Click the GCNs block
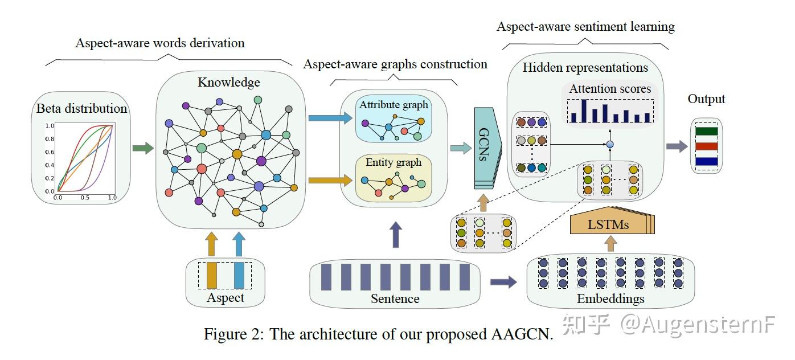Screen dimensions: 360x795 point(486,148)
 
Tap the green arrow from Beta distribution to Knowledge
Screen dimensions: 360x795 point(143,149)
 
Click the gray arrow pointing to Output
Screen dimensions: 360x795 point(677,146)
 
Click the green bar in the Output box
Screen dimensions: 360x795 point(706,132)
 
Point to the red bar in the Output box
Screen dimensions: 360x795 point(706,146)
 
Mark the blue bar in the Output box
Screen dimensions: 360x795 point(706,161)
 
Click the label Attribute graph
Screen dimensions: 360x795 point(394,105)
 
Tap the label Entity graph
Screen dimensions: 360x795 point(394,162)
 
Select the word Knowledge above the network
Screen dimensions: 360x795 point(228,83)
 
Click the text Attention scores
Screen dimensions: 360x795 point(610,89)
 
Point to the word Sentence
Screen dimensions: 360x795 point(395,298)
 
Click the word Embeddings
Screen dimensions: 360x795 point(610,298)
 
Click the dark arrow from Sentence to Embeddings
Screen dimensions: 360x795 point(503,281)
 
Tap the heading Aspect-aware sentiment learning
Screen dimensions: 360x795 point(585,27)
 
